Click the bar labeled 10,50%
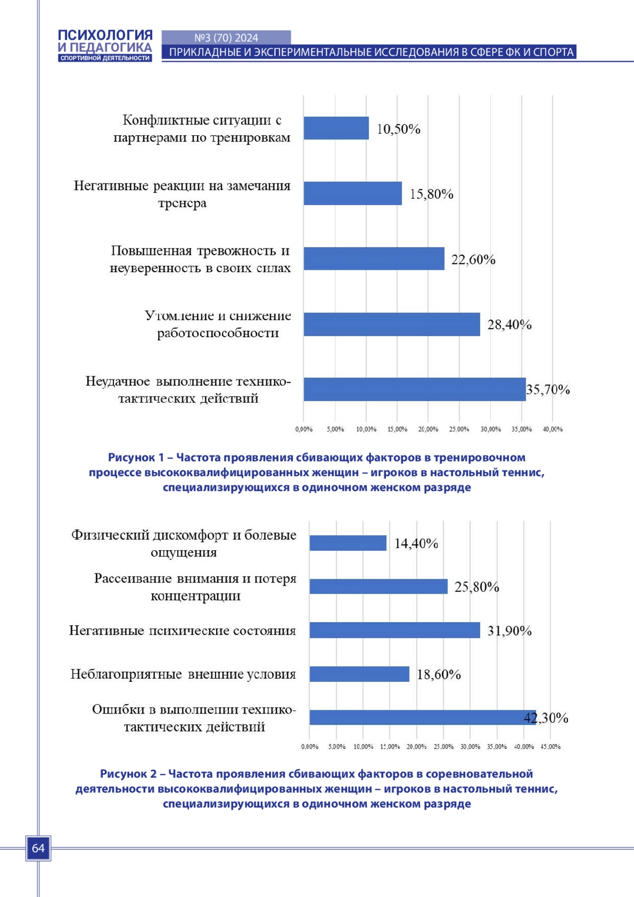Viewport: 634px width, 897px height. click(336, 128)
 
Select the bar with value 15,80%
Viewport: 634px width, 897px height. click(352, 193)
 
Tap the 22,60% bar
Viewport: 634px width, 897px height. click(374, 258)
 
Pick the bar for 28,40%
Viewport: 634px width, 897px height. click(392, 325)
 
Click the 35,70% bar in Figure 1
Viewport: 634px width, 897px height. click(415, 389)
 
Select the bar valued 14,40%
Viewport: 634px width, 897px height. click(348, 543)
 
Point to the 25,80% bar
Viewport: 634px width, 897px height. click(378, 587)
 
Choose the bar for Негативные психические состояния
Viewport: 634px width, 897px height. click(395, 630)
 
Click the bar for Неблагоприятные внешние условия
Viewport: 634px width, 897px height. click(359, 674)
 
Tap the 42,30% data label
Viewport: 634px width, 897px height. click(546, 718)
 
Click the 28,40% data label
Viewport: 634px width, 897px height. click(509, 325)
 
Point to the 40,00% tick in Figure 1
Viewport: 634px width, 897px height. click(553, 429)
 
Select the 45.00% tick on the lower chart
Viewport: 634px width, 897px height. click(551, 747)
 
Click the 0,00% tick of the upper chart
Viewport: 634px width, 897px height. click(304, 429)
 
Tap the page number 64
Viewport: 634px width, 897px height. click(38, 848)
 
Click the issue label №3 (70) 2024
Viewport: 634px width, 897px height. click(226, 38)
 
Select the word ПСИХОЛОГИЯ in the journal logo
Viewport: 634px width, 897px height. click(105, 35)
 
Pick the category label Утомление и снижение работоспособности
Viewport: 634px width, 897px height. click(218, 325)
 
